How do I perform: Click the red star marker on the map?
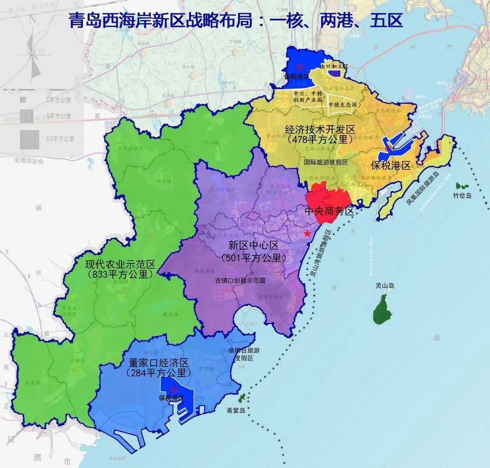(307, 234)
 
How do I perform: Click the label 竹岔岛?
(462, 196)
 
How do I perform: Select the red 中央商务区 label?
(329, 211)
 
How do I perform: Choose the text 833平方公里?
(119, 275)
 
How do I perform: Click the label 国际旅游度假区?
(326, 163)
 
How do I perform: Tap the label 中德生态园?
(343, 105)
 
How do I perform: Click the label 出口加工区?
(334, 66)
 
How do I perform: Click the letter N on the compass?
(32, 21)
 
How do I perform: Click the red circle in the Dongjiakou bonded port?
(172, 389)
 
